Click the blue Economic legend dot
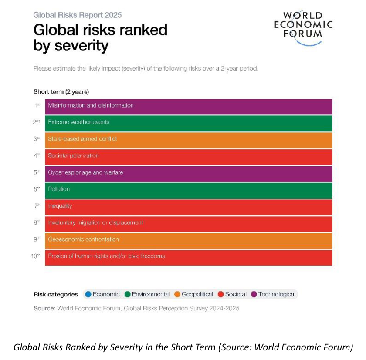88,294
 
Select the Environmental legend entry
146,294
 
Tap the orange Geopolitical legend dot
177,294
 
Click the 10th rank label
35,256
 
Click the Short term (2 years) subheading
61,92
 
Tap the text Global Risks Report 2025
78,15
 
